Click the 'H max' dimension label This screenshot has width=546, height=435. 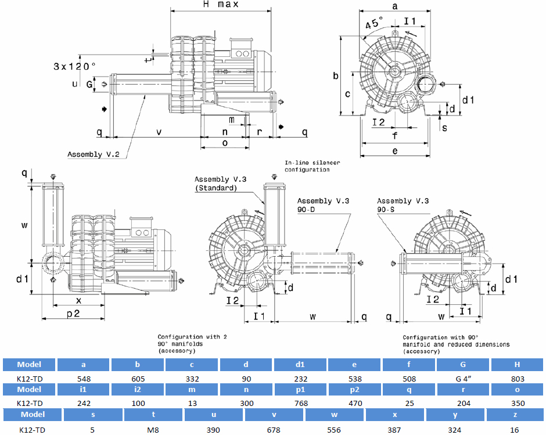click(221, 5)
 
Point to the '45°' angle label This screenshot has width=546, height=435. click(375, 24)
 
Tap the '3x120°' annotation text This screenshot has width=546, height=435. click(74, 66)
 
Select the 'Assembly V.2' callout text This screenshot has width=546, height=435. click(93, 154)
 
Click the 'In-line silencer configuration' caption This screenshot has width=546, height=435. click(312, 166)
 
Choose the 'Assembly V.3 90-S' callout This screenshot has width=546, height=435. click(403, 204)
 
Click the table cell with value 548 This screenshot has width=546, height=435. click(84, 378)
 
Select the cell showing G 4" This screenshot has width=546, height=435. click(464, 378)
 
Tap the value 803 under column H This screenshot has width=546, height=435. click(517, 378)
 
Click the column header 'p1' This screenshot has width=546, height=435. click(301, 389)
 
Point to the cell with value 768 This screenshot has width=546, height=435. click(301, 403)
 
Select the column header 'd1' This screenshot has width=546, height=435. click(300, 365)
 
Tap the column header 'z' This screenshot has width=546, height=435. click(515, 415)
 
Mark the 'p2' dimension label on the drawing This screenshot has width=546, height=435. click(73, 314)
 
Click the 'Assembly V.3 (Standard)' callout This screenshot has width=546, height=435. click(220, 184)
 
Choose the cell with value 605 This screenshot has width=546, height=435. click(138, 378)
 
